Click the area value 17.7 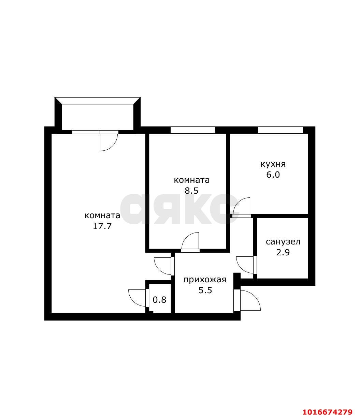(102, 226)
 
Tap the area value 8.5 (191, 191)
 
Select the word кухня (273, 164)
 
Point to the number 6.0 (273, 175)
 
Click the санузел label (283, 242)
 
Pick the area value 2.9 (283, 252)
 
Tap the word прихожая (205, 280)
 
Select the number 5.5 (205, 290)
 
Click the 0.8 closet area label (159, 300)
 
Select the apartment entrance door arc (255, 297)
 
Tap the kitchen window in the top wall (280, 130)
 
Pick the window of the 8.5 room (193, 130)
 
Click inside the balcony (98, 117)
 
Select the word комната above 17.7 (102, 215)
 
